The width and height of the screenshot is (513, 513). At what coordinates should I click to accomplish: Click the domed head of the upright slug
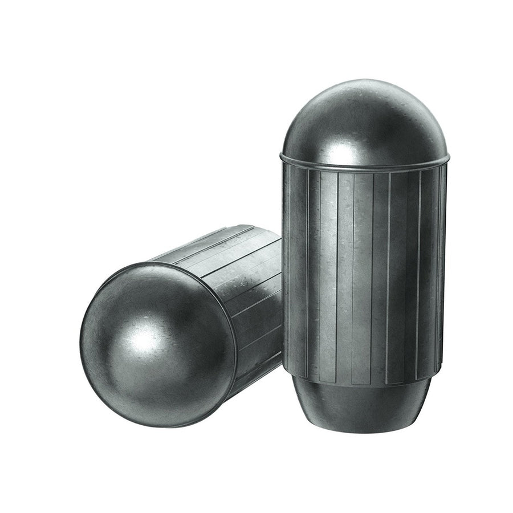(x=365, y=123)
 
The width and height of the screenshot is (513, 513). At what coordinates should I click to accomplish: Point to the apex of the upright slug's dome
(x=365, y=82)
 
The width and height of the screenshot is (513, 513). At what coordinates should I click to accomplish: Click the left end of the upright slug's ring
(x=281, y=155)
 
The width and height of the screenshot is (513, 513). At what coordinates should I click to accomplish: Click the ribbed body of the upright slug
(x=365, y=274)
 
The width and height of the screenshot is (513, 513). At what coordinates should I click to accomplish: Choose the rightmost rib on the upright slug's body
(x=442, y=268)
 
